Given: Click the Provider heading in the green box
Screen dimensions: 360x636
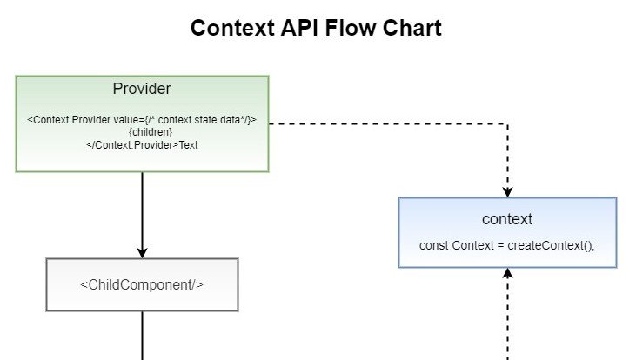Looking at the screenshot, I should click(142, 89).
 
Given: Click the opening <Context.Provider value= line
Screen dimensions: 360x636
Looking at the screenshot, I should click(142, 120).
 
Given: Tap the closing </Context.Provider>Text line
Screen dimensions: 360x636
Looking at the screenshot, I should click(142, 144).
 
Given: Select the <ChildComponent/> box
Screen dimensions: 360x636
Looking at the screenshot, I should click(142, 284).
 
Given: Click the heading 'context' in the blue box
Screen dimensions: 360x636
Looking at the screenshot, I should click(507, 219).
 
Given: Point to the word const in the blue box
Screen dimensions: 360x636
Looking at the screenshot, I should click(434, 245).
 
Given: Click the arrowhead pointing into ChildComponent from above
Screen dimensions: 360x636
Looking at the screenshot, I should click(142, 252).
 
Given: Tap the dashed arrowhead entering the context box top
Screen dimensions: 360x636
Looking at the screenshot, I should click(508, 191).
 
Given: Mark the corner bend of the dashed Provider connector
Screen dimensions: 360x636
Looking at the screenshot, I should click(508, 123).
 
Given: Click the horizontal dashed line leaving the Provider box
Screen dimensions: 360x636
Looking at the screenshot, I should click(383, 123).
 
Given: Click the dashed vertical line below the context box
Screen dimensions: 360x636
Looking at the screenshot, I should click(508, 322).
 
